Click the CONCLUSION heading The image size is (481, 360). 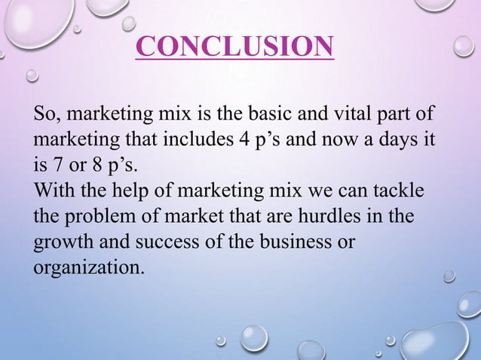[234, 46]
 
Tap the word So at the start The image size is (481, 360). [44, 116]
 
